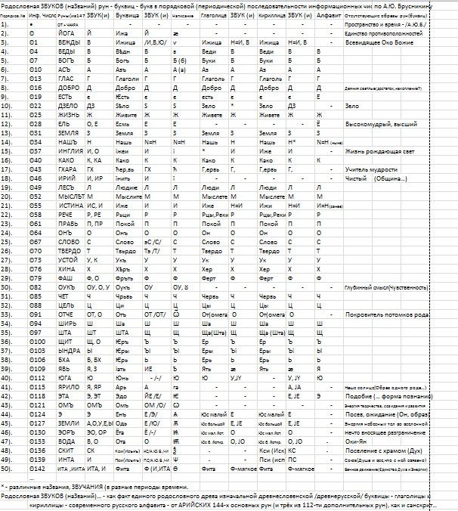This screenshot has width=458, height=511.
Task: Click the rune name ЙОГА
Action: coord(67,34)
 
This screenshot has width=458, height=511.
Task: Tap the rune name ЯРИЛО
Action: coord(67,386)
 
